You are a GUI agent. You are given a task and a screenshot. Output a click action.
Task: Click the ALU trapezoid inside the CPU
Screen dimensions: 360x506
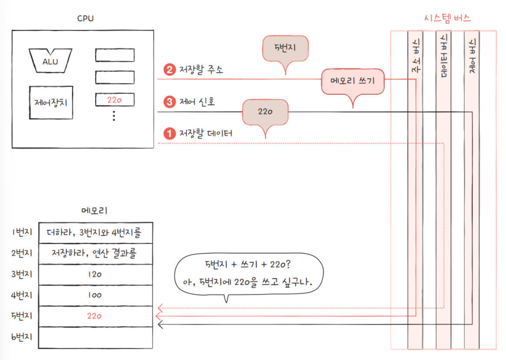[x=50, y=61]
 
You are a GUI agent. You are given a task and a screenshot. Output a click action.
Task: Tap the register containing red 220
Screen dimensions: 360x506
[x=115, y=100]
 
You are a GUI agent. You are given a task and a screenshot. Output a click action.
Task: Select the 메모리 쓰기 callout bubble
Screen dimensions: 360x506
[x=353, y=81]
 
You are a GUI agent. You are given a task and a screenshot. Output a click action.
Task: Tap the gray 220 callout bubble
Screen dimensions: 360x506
[x=265, y=111]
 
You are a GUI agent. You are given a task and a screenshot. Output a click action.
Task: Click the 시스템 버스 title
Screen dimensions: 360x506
[x=447, y=18]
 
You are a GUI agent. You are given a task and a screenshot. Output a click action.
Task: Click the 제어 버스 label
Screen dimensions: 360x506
[x=473, y=56]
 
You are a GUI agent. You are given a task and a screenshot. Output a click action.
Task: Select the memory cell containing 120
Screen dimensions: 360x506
[x=95, y=275]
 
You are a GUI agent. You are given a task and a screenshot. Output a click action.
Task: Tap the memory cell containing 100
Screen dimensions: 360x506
[x=95, y=295]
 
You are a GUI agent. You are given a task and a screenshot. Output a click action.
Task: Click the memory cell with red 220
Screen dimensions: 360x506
[x=95, y=316]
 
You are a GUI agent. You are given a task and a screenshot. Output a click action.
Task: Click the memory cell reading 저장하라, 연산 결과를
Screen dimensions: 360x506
[x=95, y=253]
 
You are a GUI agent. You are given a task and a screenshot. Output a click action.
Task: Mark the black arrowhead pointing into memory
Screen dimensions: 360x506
[x=160, y=324]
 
